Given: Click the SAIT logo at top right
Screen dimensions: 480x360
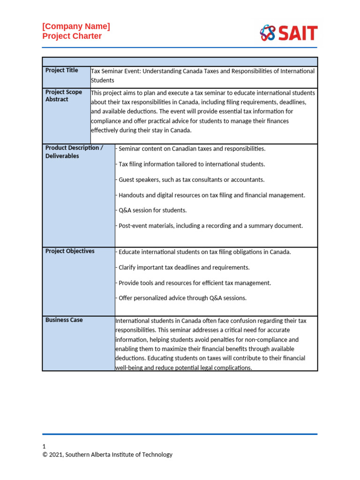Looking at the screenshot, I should (289, 33).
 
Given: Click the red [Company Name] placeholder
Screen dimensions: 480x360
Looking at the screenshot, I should (76, 26).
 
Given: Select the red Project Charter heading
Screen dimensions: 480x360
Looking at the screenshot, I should (72, 36).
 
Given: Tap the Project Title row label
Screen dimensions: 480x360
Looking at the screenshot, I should (62, 70).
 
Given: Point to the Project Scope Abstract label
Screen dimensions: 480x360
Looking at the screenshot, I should (64, 96).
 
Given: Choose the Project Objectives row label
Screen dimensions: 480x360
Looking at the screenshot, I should (70, 251).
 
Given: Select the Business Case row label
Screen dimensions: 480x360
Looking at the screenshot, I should (64, 320).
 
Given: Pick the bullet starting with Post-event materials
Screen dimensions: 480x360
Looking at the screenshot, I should (210, 226).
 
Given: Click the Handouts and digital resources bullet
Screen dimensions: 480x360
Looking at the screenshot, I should (210, 195).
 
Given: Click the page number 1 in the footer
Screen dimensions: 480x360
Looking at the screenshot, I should (44, 446).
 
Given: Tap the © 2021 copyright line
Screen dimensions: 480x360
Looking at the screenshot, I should (107, 455).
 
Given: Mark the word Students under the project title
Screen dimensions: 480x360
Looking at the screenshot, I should (103, 81).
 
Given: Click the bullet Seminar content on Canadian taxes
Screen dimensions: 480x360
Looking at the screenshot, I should (191, 149).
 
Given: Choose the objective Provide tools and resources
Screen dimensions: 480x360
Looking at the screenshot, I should (194, 283).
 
